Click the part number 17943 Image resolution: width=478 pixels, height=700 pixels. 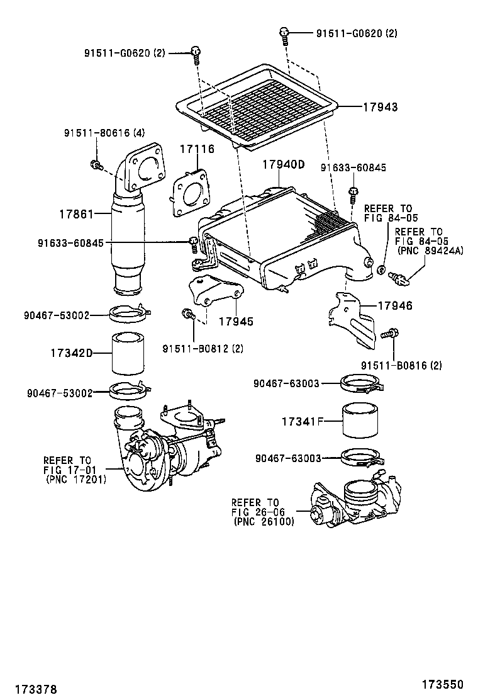(x=380, y=107)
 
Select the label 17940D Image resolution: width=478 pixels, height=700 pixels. (x=283, y=164)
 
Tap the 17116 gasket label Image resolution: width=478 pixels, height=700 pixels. (x=197, y=149)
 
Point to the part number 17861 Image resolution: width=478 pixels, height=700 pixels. (x=76, y=214)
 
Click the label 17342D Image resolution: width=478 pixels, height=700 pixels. (x=71, y=353)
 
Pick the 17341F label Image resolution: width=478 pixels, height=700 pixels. (x=302, y=421)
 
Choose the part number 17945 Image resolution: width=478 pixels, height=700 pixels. (x=236, y=322)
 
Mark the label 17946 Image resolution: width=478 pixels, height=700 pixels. (x=395, y=306)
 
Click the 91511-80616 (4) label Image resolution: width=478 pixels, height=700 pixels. (x=104, y=133)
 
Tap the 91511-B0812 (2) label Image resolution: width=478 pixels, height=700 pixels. (x=203, y=349)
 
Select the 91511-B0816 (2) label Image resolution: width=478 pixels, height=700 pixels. (x=401, y=366)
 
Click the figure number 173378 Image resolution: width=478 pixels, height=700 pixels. (x=36, y=689)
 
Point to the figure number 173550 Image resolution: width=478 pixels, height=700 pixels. (x=443, y=684)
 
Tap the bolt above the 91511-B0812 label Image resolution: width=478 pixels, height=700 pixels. (x=187, y=314)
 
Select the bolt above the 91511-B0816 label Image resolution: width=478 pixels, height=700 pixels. (x=390, y=333)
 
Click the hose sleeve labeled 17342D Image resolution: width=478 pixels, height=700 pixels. (x=128, y=353)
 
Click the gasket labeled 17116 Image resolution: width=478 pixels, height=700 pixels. (x=191, y=193)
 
